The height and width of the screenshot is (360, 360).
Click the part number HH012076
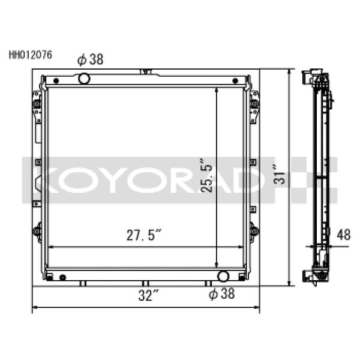30,54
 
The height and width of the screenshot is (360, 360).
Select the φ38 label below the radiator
221,294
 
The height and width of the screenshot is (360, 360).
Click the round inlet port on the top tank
84,78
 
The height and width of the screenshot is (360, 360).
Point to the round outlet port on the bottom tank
223,276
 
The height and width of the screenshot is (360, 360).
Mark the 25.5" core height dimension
206,175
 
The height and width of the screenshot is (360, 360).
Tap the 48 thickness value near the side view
343,236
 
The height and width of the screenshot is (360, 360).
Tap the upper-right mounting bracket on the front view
254,106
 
